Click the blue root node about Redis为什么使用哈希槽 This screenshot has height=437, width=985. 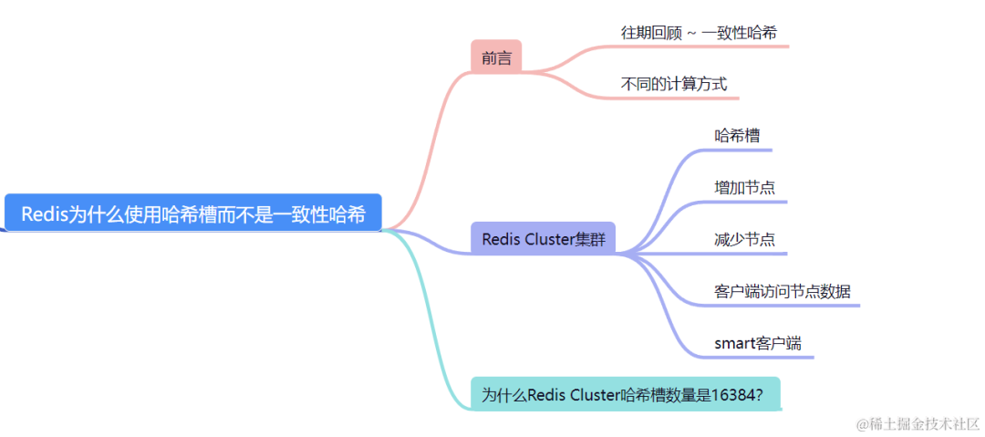click(x=192, y=214)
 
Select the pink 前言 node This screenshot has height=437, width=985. click(x=496, y=58)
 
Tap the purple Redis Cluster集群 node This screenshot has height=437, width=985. click(x=543, y=240)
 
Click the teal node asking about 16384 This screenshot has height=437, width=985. click(x=624, y=395)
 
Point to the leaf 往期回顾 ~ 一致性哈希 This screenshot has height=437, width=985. click(x=699, y=33)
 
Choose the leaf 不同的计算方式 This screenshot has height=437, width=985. click(x=674, y=84)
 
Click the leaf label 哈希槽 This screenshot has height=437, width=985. click(x=737, y=135)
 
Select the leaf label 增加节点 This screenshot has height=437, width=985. click(x=744, y=187)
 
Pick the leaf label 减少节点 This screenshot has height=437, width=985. click(x=744, y=239)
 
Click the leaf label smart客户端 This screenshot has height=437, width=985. click(x=758, y=343)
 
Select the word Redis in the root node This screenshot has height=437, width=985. click(x=46, y=214)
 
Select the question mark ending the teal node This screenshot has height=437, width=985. click(x=759, y=395)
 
